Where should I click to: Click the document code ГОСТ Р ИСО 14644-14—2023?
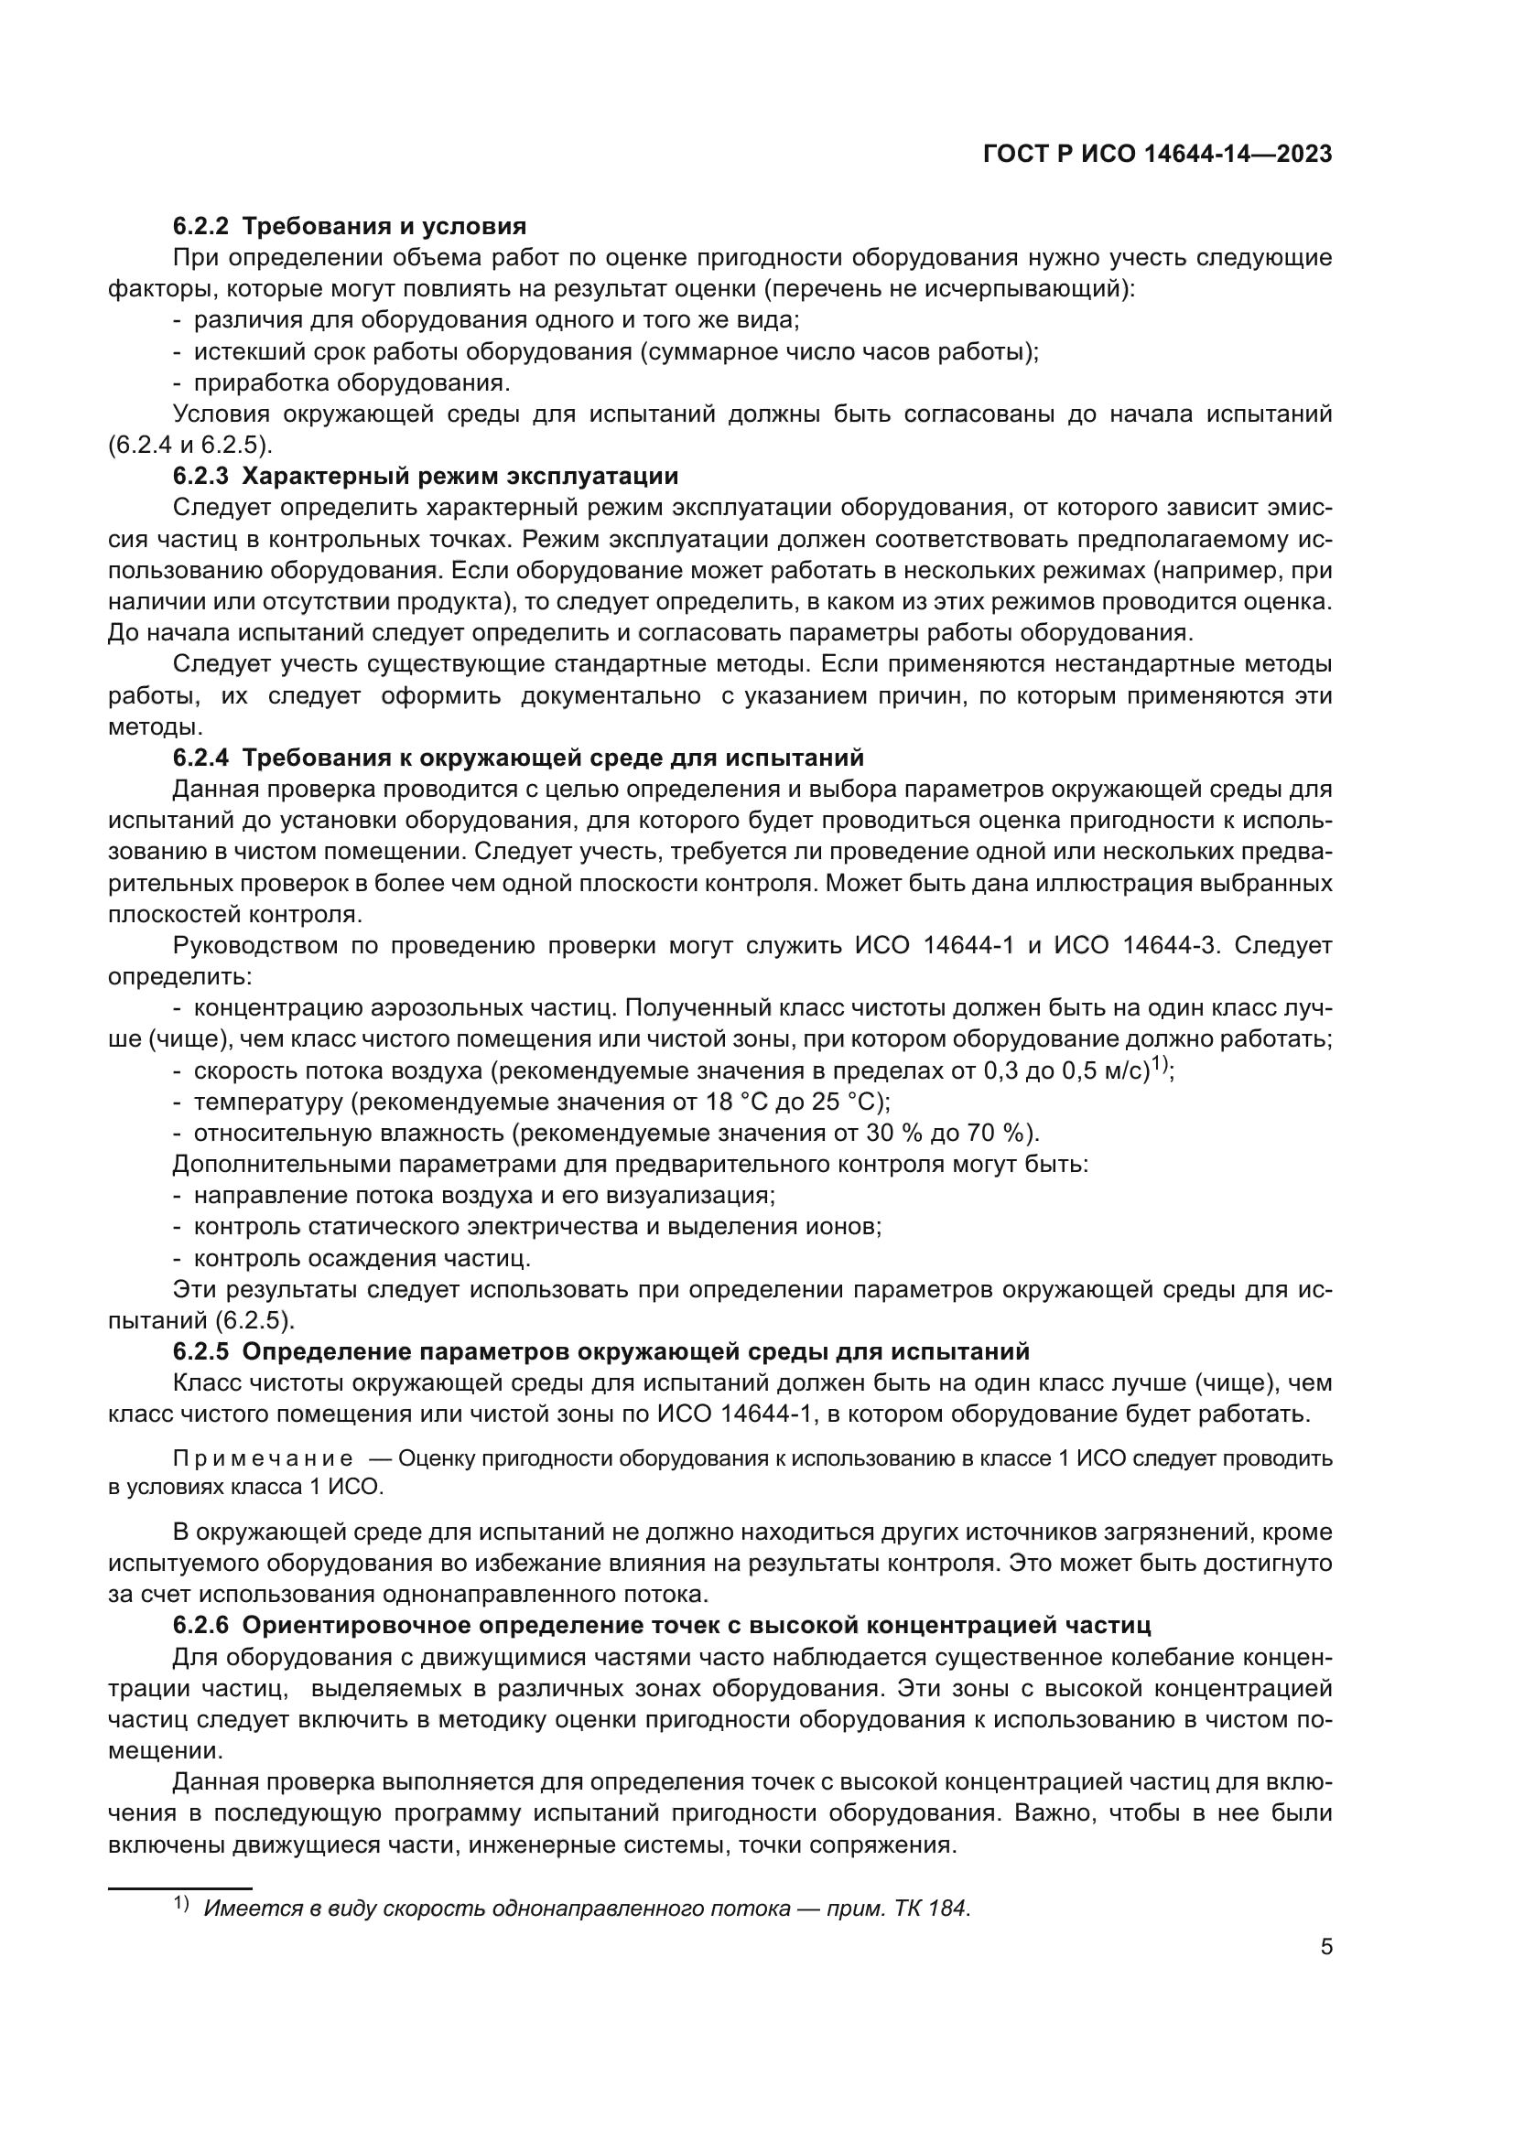tap(1157, 155)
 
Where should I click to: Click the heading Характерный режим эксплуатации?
tap(460, 477)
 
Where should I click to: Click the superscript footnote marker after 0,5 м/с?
tap(1160, 1065)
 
